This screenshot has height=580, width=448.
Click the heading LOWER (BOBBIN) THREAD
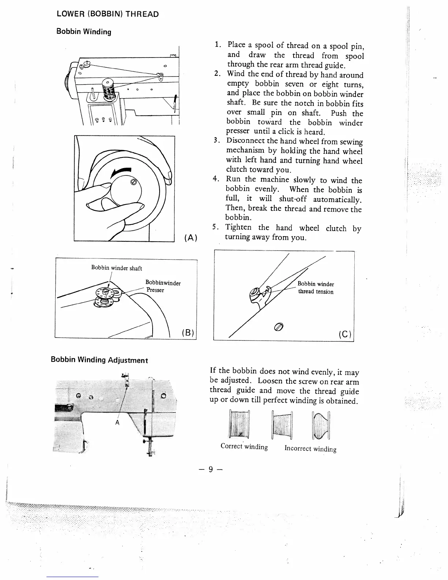108,14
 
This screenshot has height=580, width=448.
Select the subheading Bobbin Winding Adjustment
99,360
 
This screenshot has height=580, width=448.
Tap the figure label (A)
191,238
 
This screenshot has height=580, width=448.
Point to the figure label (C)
345,334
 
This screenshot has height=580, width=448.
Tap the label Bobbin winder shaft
116,268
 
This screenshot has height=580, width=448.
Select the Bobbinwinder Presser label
163,286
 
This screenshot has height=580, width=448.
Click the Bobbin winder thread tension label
316,288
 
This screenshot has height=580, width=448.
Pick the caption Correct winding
244,447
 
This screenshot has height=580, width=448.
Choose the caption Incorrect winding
310,449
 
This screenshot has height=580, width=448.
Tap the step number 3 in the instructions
216,141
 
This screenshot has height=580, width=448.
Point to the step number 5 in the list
214,227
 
